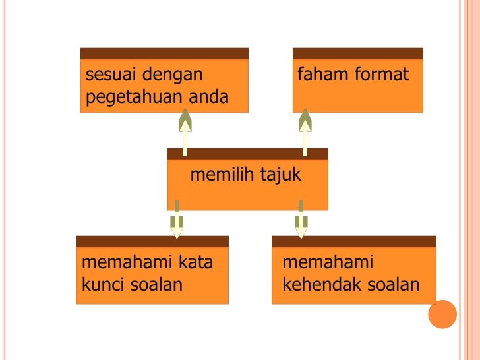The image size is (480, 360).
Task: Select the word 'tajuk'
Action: click(280, 175)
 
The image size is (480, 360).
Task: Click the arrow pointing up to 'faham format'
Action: click(305, 132)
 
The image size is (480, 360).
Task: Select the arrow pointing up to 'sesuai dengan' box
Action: click(185, 132)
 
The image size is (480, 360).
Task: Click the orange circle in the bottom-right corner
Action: click(442, 314)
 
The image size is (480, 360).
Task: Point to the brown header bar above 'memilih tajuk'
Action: click(247, 154)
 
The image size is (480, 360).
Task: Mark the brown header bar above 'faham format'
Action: click(357, 53)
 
